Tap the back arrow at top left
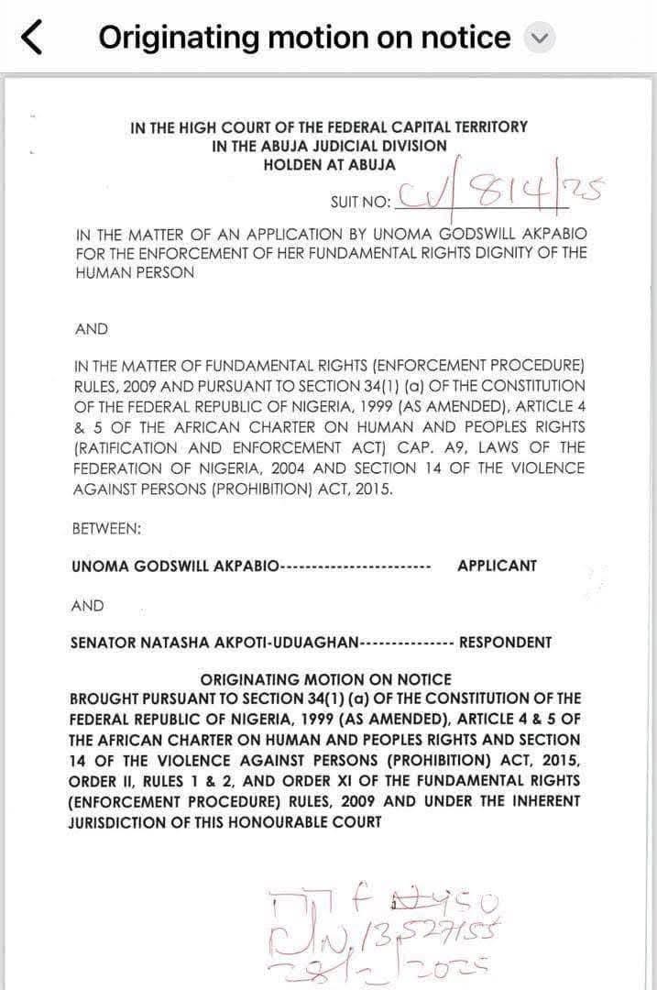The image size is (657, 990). pos(31,38)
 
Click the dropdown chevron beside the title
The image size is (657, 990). pos(539,38)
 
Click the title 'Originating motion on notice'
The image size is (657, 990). pos(304,38)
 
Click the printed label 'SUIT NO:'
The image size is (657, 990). pos(360,202)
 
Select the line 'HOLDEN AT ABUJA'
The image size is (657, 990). pos(329,165)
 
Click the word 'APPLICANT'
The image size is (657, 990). pos(497,566)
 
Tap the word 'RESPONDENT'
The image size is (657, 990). pos(505,643)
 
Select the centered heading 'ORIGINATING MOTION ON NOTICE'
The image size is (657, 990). pos(325,679)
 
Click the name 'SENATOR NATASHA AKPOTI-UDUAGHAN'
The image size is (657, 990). pos(214,643)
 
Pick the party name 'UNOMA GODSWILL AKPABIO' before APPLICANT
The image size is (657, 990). pos(175,566)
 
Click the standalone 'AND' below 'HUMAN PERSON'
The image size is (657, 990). pos(92,329)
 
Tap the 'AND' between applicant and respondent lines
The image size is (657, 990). pos(87,606)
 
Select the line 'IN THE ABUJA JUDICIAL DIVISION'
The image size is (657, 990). pos(329,146)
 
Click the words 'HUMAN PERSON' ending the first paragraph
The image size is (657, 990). pos(135,273)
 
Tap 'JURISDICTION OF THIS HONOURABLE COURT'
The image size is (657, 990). pos(224,821)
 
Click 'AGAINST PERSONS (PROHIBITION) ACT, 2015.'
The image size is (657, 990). pos(233,489)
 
